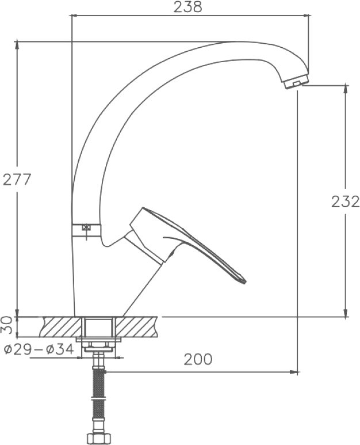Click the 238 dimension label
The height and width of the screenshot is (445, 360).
pos(187,7)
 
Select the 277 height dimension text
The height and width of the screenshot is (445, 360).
pos(16,180)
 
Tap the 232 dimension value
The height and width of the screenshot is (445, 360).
pos(345,202)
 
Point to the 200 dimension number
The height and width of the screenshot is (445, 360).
pos(198,359)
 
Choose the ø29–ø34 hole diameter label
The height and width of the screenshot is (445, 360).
pos(39,349)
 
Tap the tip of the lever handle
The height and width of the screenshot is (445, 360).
pos(244,281)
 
